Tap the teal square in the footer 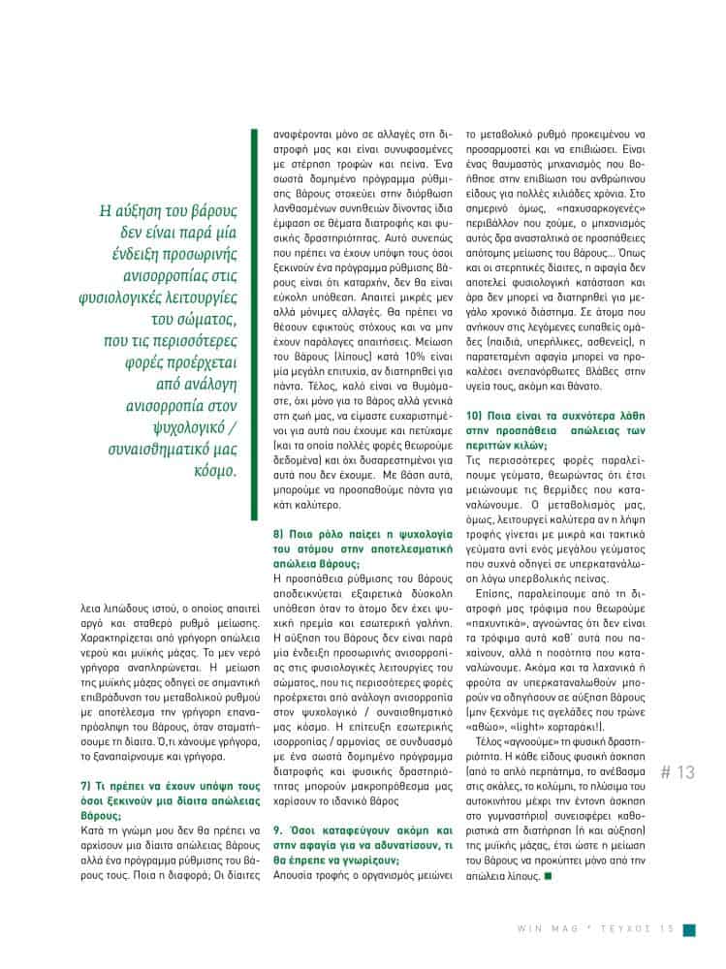pos(688,929)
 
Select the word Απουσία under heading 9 pos(292,878)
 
